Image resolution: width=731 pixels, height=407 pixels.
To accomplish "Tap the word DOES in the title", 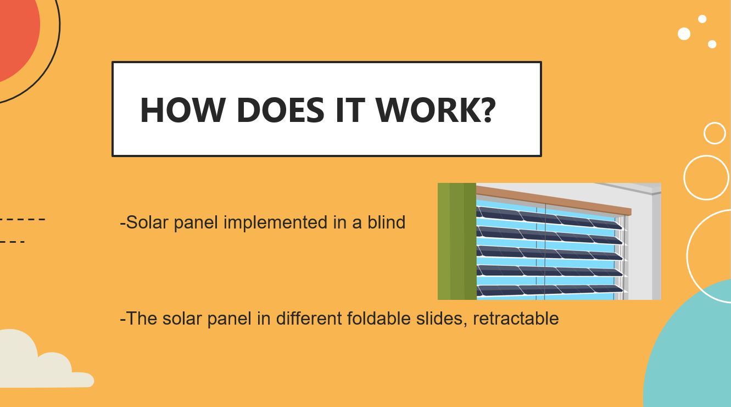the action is point(281,110).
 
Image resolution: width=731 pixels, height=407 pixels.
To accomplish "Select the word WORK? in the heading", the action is point(436,110).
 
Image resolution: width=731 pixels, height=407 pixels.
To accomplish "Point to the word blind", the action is point(387,222).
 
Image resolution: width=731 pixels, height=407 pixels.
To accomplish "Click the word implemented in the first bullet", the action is point(276,222).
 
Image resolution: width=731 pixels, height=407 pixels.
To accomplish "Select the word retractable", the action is point(516,318).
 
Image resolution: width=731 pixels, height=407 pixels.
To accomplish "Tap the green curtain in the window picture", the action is point(457,241).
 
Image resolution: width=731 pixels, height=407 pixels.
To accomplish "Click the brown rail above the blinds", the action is point(554,200).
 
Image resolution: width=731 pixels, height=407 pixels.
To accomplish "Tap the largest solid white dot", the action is point(684,34).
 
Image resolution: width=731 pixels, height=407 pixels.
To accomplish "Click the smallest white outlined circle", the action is point(715,133).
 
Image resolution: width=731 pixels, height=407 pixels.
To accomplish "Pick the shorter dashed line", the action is point(13,242).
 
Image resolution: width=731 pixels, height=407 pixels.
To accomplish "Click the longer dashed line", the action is point(22,219).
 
